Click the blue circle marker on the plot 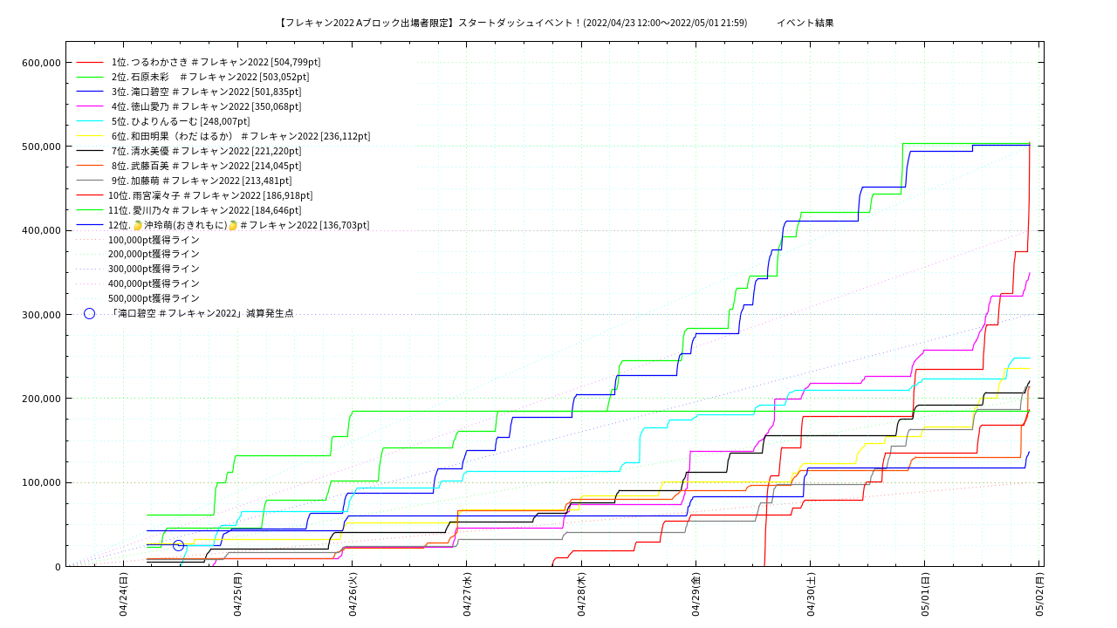(178, 545)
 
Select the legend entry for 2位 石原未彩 (209, 77)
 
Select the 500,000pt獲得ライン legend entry (154, 298)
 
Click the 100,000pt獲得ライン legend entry (154, 240)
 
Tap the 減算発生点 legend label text (201, 313)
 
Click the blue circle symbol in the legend (89, 313)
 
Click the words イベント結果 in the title (805, 23)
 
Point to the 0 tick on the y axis (58, 567)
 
